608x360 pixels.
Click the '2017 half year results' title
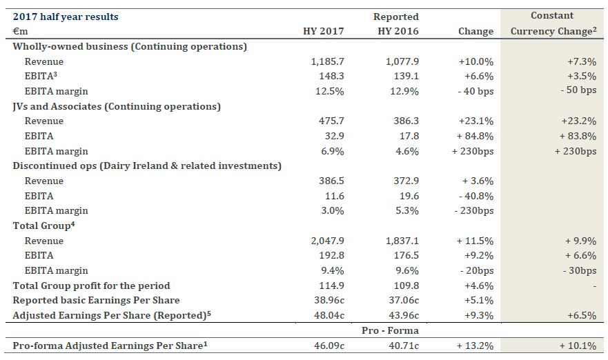click(x=66, y=17)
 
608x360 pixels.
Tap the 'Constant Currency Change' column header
click(x=552, y=23)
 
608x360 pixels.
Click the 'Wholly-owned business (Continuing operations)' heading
click(x=130, y=46)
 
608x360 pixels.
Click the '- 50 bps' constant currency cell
click(x=578, y=91)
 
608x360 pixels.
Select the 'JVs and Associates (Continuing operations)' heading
click(x=117, y=106)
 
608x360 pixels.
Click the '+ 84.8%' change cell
click(x=475, y=137)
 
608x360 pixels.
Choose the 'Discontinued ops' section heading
click(x=147, y=166)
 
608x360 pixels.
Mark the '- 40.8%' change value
click(x=477, y=196)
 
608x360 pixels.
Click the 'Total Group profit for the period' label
click(x=91, y=286)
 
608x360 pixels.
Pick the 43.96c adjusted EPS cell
click(x=401, y=316)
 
